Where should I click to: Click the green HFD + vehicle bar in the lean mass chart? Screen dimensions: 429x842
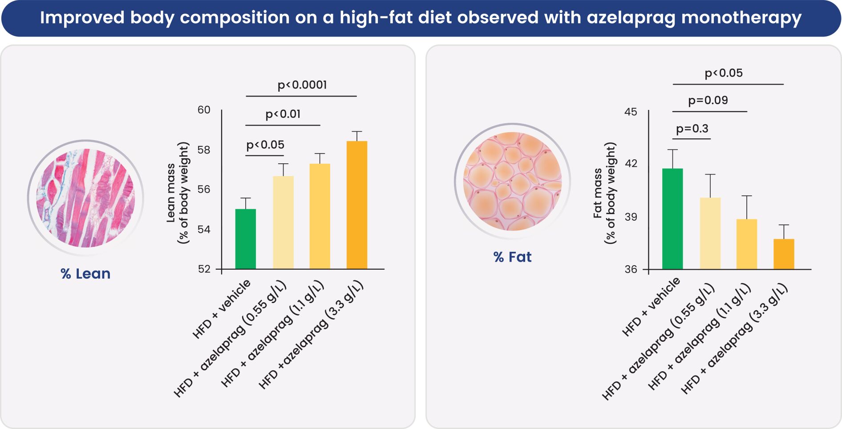point(245,239)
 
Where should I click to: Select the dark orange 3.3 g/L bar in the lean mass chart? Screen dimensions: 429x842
point(356,205)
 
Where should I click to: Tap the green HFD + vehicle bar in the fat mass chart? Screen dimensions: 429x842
point(672,219)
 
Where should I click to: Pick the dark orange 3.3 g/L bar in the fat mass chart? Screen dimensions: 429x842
point(783,254)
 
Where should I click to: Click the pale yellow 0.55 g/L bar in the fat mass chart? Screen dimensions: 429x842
point(710,233)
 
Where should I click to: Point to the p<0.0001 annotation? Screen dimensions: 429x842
point(302,85)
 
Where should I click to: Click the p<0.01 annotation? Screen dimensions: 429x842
point(283,114)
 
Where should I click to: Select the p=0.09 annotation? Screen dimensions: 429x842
point(708,100)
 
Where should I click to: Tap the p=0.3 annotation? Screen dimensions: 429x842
point(692,129)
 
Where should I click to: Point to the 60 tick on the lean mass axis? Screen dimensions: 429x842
point(204,110)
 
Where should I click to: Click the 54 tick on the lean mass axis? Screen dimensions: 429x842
point(204,229)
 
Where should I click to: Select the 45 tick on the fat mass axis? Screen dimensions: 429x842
point(631,112)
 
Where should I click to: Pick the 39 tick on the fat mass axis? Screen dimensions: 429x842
point(631,217)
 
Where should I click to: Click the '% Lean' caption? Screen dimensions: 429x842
point(85,273)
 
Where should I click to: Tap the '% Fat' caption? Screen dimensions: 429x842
point(512,257)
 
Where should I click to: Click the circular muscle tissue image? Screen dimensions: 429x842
point(85,198)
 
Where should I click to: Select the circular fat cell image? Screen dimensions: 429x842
point(512,181)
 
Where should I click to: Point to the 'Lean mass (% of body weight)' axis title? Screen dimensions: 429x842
point(178,193)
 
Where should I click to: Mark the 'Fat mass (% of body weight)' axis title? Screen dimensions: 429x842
point(604,193)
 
